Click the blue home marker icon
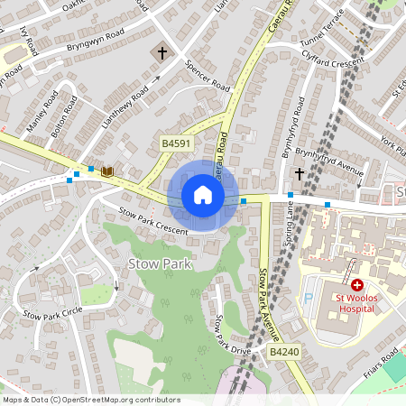click(203, 195)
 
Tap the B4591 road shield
click(176, 143)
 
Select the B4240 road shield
click(283, 351)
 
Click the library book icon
click(106, 171)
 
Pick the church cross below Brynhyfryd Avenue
click(300, 173)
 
